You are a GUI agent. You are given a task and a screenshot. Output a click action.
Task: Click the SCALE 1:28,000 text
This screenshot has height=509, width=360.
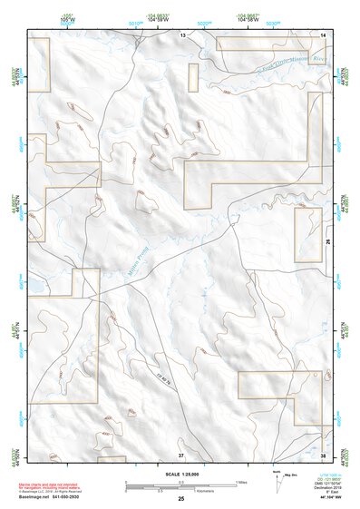click(x=180, y=475)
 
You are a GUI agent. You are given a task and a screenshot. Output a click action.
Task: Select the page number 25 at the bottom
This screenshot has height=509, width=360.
click(x=181, y=500)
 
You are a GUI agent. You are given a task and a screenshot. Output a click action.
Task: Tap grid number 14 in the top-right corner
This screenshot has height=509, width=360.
click(x=323, y=34)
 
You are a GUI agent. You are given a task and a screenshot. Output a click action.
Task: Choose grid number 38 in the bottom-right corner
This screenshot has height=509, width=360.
click(x=323, y=455)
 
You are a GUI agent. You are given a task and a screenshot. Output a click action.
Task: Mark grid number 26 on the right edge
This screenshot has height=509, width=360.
click(x=327, y=243)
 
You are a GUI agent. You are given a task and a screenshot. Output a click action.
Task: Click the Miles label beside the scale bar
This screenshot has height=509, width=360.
click(x=241, y=482)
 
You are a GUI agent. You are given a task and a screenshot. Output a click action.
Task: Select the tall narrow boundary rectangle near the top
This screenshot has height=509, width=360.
click(x=192, y=78)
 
